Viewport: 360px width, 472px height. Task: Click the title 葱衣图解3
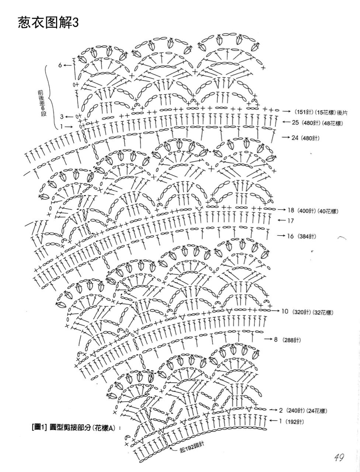(48, 23)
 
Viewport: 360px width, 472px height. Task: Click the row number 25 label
(295, 122)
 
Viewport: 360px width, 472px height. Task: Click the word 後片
(342, 112)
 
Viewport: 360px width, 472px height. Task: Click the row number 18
(291, 210)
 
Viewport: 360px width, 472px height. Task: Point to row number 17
(290, 221)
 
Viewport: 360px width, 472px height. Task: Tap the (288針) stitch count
(292, 340)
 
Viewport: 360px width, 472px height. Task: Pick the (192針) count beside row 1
(295, 422)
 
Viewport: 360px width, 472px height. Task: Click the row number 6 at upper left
(60, 65)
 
